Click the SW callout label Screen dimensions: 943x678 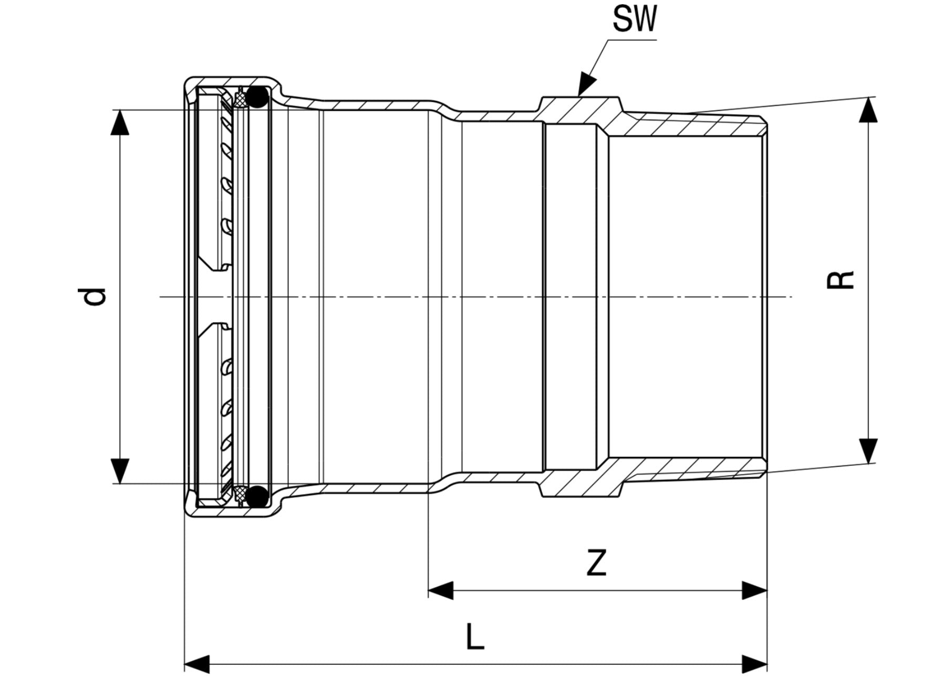click(635, 20)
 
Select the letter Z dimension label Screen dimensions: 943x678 click(596, 562)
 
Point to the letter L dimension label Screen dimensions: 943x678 click(474, 638)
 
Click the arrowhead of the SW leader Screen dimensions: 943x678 click(587, 85)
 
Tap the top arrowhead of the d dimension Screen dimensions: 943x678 click(121, 122)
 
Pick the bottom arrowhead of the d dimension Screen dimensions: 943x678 click(121, 471)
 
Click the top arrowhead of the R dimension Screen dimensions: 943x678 click(870, 110)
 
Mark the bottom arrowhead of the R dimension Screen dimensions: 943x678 click(870, 451)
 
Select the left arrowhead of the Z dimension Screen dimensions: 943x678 click(441, 590)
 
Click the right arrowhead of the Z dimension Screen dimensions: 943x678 click(755, 590)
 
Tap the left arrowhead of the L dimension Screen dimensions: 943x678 click(198, 664)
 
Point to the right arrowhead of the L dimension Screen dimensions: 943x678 click(755, 664)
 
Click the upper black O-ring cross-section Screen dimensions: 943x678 click(257, 97)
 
